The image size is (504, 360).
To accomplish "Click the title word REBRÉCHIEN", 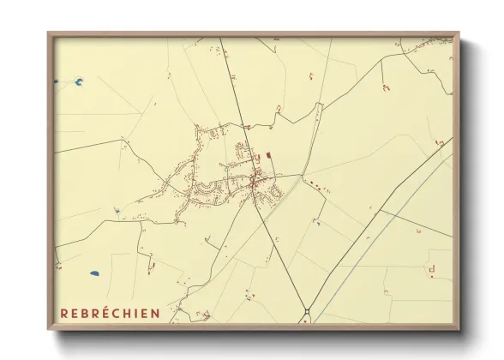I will tap(110, 313).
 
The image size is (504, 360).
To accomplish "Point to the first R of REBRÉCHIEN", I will tap(64, 313).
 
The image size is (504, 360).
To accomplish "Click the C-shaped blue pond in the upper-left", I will tap(79, 82).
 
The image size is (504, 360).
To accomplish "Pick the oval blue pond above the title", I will tap(94, 274).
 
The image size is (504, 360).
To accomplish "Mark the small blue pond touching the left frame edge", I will tap(57, 82).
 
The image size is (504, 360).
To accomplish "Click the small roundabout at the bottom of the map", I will tap(306, 310).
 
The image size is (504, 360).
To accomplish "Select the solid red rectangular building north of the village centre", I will tap(268, 155).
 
